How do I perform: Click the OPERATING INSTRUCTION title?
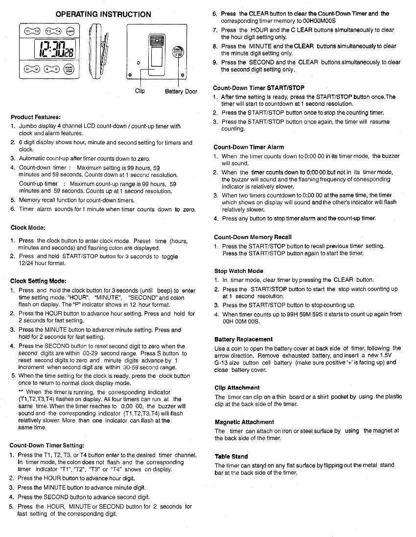103,14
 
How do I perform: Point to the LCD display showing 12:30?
54,50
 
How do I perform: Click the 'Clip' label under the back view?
140,91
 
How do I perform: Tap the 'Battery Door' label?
181,92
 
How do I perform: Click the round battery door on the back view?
177,51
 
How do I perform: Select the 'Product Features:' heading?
36,118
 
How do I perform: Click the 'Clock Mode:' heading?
28,228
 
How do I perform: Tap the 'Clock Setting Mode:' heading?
38,281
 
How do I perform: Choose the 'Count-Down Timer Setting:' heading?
47,445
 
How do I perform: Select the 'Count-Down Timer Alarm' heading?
249,147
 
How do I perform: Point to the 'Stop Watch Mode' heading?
238,271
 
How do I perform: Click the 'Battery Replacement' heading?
244,339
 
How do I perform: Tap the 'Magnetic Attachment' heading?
244,422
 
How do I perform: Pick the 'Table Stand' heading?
231,456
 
